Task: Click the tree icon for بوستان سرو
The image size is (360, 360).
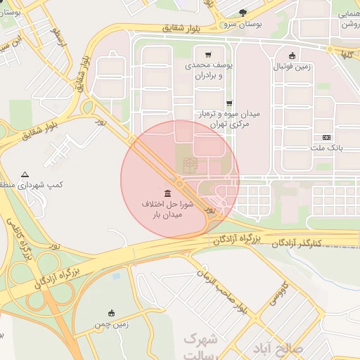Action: tap(243, 13)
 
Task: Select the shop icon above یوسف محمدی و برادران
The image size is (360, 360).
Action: tap(208, 54)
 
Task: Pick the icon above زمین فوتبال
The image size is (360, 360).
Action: tap(292, 56)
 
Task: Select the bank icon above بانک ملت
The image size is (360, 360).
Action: tap(326, 137)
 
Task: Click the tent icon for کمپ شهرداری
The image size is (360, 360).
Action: tap(25, 174)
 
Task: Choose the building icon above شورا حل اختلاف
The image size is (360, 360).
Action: tap(167, 193)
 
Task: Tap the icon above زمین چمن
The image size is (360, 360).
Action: tap(111, 313)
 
